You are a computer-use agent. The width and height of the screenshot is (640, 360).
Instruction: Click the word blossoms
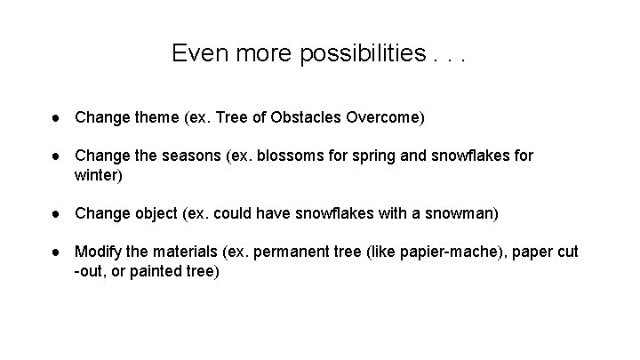tap(286, 156)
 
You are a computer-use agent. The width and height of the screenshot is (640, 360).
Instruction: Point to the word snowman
tap(462, 213)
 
